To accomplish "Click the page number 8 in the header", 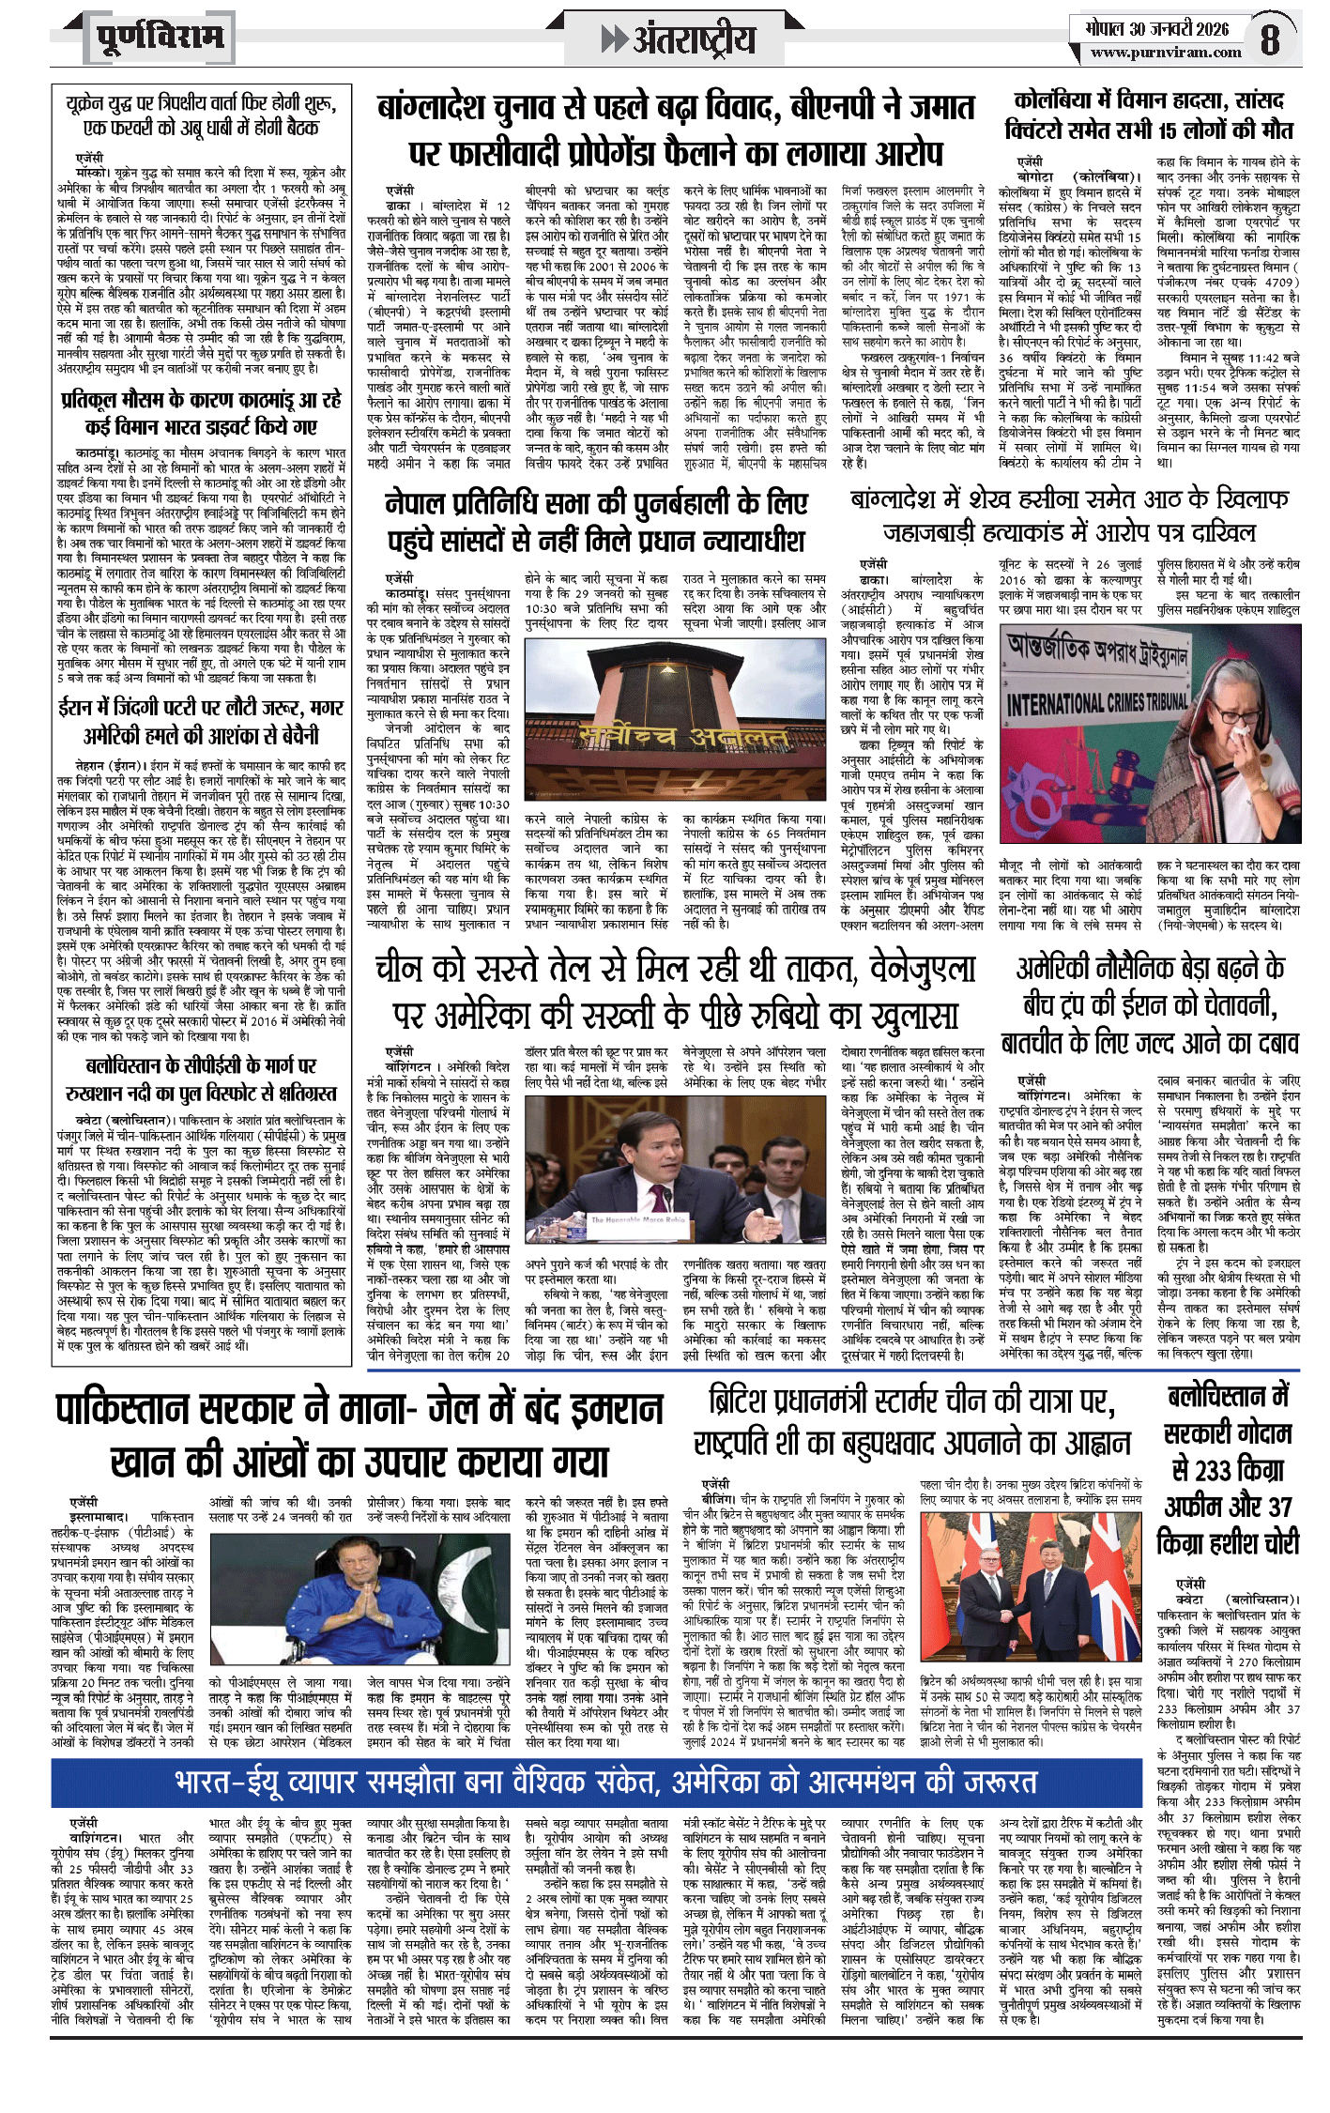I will point(1270,39).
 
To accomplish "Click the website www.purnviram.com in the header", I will point(1166,53).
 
